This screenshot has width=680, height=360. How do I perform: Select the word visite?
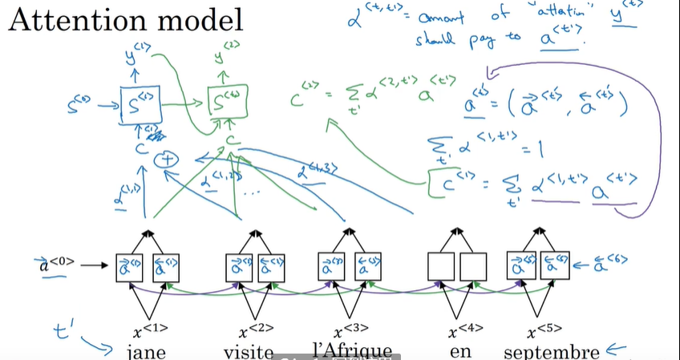[x=249, y=352]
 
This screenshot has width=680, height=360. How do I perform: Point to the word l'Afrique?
[x=353, y=350]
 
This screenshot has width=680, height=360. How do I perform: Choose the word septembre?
[x=551, y=352]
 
